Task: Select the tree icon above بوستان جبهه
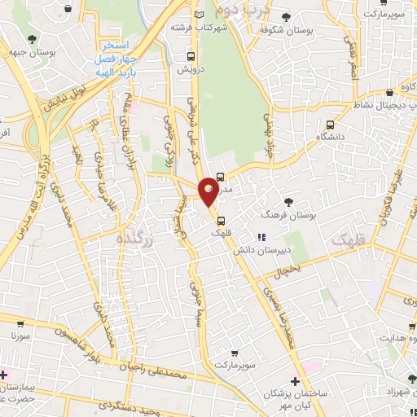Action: pyautogui.click(x=31, y=38)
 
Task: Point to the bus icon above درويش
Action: pyautogui.click(x=191, y=56)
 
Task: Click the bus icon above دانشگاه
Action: pyautogui.click(x=330, y=125)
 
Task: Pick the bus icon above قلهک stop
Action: pyautogui.click(x=221, y=218)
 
